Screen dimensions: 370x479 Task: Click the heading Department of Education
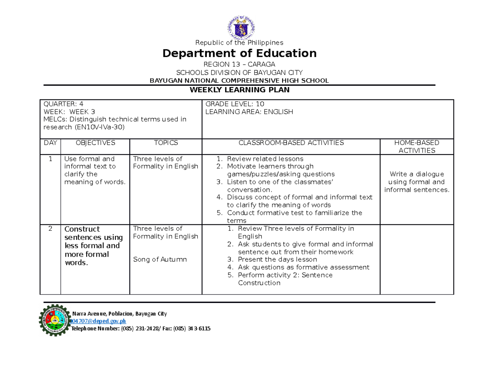point(239,53)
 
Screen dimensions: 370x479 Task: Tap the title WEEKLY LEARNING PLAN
point(239,90)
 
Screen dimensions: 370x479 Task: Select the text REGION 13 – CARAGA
point(239,65)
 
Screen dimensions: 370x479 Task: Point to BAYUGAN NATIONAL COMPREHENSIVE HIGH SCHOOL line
point(239,81)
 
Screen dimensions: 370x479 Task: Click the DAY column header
point(50,143)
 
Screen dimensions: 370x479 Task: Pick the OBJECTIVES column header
point(95,143)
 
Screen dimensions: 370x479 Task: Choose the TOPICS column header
point(166,143)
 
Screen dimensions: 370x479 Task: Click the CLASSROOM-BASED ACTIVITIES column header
point(291,143)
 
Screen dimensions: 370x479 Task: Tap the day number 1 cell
point(50,159)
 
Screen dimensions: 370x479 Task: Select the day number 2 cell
point(50,229)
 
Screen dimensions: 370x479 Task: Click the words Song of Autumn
point(160,259)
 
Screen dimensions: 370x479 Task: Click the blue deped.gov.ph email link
point(98,321)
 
